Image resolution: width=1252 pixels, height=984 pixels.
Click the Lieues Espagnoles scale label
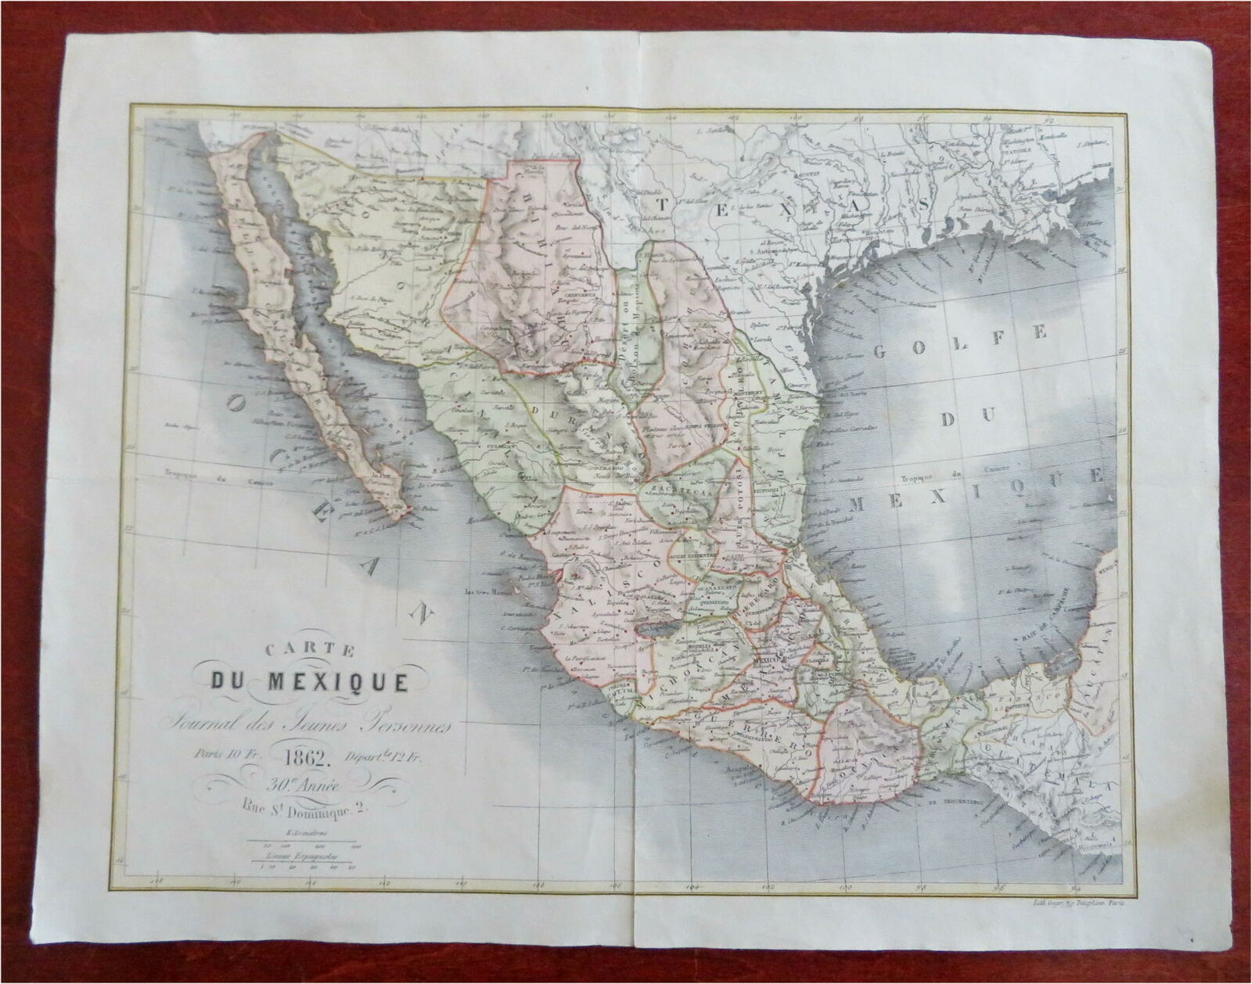click(301, 857)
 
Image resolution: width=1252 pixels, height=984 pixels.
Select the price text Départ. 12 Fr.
click(385, 756)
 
